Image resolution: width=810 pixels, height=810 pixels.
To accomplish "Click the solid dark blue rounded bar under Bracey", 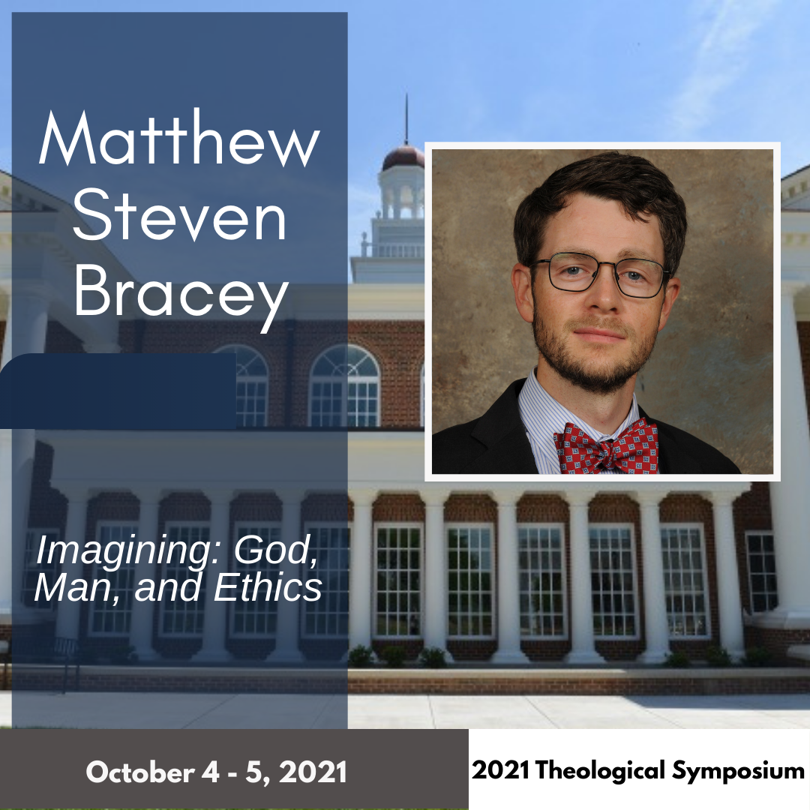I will click(120, 390).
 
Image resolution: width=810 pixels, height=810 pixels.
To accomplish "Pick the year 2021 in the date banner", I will click(316, 771).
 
